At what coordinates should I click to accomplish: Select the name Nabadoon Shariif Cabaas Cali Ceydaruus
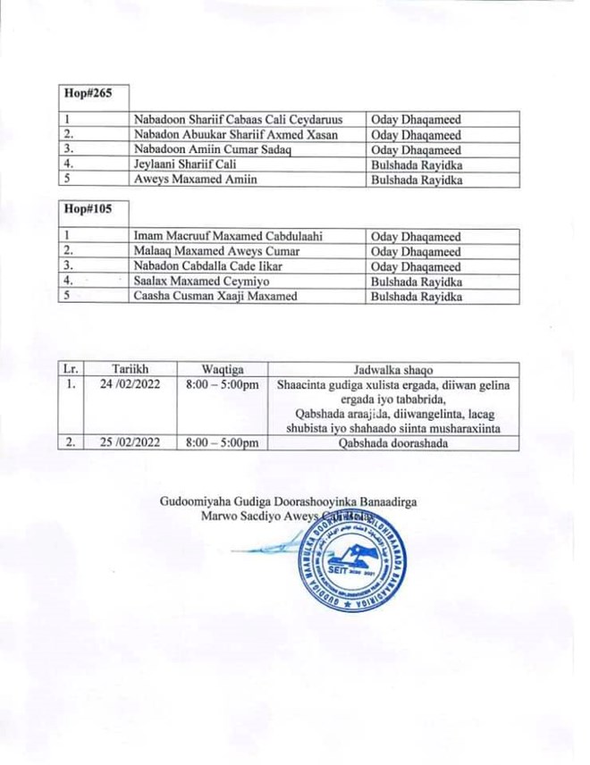coord(238,119)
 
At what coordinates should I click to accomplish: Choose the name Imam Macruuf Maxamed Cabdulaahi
coord(229,237)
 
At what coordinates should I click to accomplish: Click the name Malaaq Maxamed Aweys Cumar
coord(217,252)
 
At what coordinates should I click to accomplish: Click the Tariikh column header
coord(130,369)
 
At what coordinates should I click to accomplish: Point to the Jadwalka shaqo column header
coord(393,369)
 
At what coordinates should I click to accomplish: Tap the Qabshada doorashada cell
coord(393,442)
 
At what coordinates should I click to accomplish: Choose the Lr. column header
coord(71,369)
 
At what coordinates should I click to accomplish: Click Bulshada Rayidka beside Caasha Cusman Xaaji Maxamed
coord(417,297)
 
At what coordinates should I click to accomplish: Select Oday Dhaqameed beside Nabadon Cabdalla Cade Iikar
coord(417,267)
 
